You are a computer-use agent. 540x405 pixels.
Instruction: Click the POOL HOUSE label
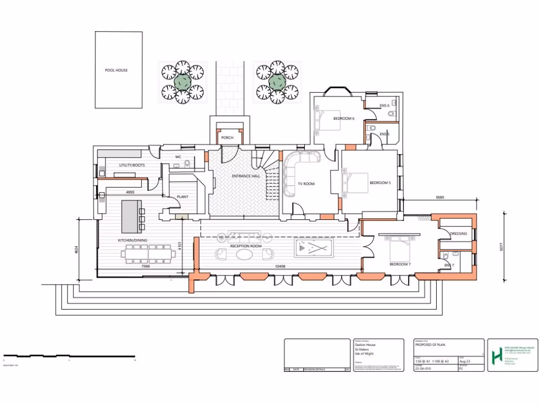(116, 70)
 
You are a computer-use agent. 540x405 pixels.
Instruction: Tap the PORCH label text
(227, 138)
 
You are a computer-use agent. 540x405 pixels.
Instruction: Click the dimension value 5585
(441, 197)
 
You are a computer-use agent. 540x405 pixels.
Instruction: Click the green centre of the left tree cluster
(182, 81)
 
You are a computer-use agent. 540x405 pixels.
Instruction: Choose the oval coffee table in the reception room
(244, 254)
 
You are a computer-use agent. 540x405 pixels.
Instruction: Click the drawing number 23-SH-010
(424, 369)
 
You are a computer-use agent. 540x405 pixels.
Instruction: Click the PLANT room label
(182, 197)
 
